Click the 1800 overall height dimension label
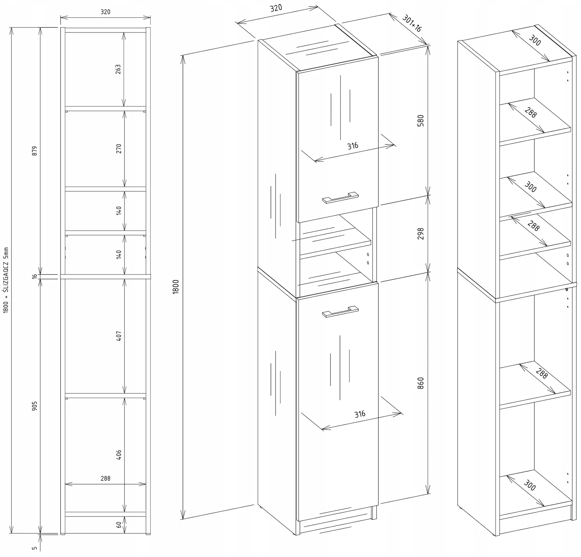[x=176, y=286]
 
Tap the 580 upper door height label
[x=420, y=120]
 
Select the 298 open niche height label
[x=420, y=234]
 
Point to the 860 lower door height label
[x=420, y=383]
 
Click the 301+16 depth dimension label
[x=412, y=23]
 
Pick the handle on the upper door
[x=340, y=197]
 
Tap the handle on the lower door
[x=340, y=312]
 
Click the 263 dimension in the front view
[x=118, y=69]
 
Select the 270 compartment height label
[x=119, y=148]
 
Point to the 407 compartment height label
[x=119, y=336]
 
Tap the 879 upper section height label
[x=35, y=151]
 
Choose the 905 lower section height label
[x=35, y=406]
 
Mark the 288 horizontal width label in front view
[x=105, y=478]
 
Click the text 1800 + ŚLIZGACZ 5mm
[x=6, y=280]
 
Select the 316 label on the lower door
[x=360, y=414]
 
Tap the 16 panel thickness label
[x=35, y=276]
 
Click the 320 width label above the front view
[x=105, y=12]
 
